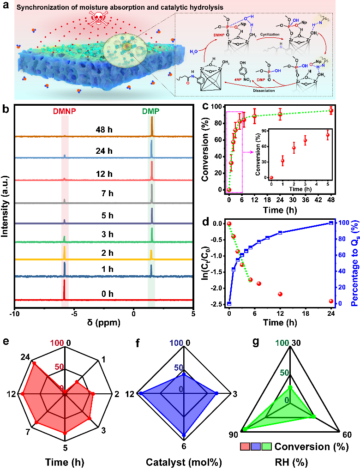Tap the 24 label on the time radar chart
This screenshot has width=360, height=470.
(27, 356)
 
